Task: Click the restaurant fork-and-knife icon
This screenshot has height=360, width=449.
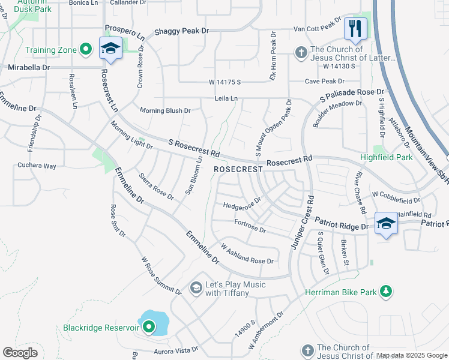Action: pyautogui.click(x=355, y=28)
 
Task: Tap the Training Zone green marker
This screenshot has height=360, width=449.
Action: pyautogui.click(x=86, y=49)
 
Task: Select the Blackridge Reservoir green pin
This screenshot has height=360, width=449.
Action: pyautogui.click(x=148, y=327)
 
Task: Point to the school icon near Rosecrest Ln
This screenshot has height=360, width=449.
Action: pyautogui.click(x=111, y=49)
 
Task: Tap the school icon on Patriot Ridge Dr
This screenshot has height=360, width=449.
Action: pyautogui.click(x=386, y=223)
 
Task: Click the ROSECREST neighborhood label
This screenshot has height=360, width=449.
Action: pyautogui.click(x=238, y=170)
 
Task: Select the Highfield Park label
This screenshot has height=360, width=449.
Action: pyautogui.click(x=386, y=158)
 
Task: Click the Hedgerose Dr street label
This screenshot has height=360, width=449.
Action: pyautogui.click(x=242, y=203)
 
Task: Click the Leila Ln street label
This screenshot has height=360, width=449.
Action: pyautogui.click(x=226, y=98)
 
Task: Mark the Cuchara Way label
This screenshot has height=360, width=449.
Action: pyautogui.click(x=37, y=166)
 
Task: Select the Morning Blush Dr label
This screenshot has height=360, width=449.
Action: pyautogui.click(x=165, y=110)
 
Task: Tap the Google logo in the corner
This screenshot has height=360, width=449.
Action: pyautogui.click(x=20, y=353)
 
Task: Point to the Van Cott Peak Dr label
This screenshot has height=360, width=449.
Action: pyautogui.click(x=317, y=28)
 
